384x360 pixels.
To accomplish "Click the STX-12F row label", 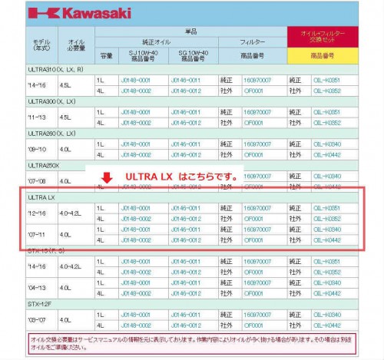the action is (40, 302).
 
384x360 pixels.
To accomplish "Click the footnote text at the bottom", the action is (190, 342).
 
